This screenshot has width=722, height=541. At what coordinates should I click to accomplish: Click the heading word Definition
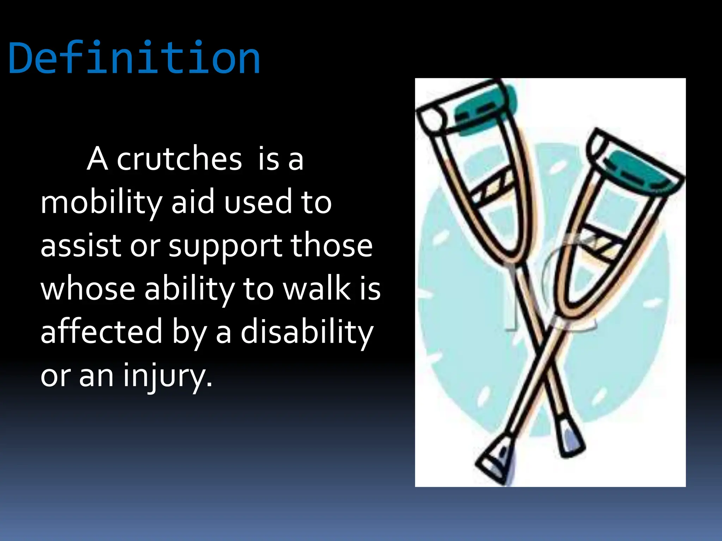pos(134,58)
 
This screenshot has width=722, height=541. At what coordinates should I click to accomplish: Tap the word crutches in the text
pos(179,159)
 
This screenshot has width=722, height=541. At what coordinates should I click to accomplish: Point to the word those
pos(331,245)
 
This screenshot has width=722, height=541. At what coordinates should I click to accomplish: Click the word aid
pos(193,203)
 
